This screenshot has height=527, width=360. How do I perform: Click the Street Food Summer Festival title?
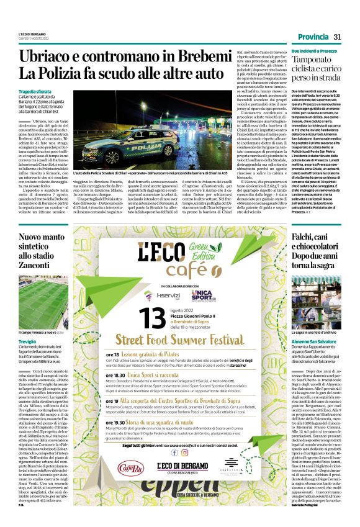tap(178, 340)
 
